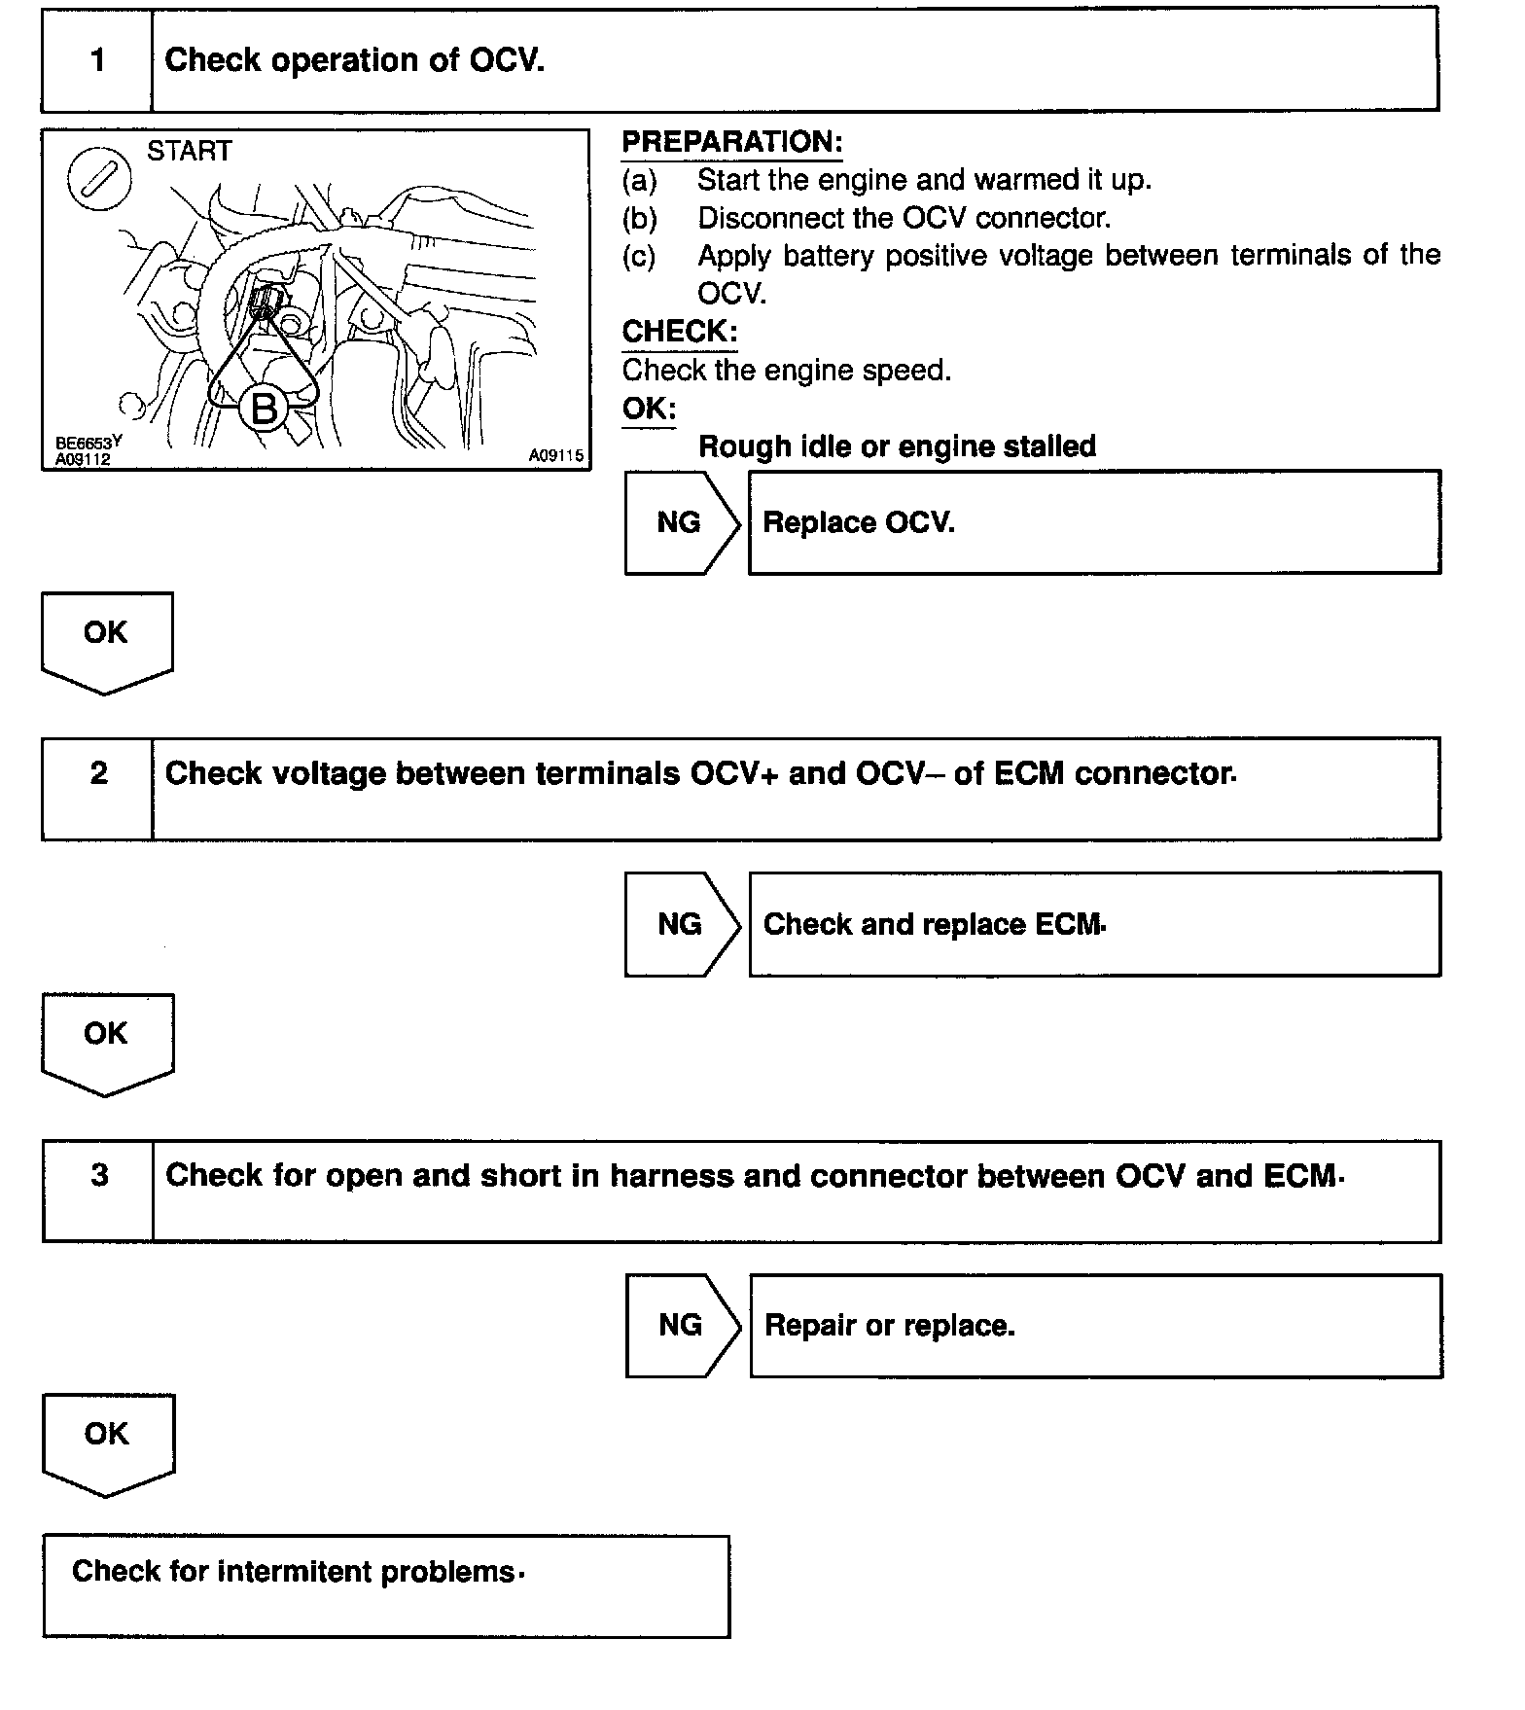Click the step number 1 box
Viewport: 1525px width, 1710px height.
tap(97, 61)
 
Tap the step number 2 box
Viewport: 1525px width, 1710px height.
tap(98, 787)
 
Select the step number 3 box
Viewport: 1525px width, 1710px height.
tap(99, 1190)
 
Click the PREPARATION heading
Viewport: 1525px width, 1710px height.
tap(731, 142)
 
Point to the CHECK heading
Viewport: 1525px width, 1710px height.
tap(679, 332)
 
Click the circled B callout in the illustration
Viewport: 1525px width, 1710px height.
tap(264, 408)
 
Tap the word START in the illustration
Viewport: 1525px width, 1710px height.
tap(190, 152)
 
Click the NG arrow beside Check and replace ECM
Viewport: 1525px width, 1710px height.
tap(681, 923)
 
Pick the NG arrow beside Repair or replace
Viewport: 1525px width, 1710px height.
tap(681, 1325)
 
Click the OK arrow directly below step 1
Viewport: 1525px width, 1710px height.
tap(106, 639)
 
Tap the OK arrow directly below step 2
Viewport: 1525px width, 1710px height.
tap(106, 1040)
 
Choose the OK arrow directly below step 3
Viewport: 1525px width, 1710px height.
tap(107, 1441)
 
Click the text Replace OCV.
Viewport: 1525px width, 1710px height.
tap(859, 523)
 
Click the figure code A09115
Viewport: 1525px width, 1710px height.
tap(556, 455)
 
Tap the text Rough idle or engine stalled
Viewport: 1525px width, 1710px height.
tap(897, 446)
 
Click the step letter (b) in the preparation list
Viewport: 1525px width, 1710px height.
tap(639, 218)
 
